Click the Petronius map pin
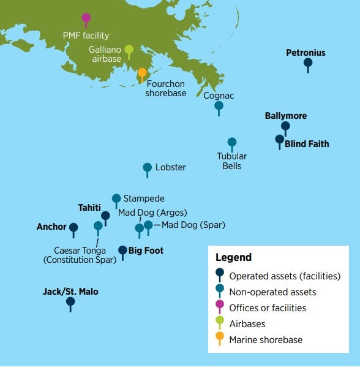pos(308,62)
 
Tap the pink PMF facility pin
pos(86,18)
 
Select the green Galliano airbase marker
pos(129,50)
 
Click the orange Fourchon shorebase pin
pos(142,73)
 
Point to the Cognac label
pos(219,96)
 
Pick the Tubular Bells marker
pos(231,143)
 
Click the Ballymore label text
pos(286,116)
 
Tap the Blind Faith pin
pos(280,140)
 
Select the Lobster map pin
pos(147,167)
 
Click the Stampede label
pos(144,199)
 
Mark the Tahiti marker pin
pos(105,216)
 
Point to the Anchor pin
pos(73,228)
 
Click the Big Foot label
pos(146,251)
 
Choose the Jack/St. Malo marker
pos(70,301)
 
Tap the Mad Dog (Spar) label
pos(193,225)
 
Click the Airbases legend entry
pos(247,323)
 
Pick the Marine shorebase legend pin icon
pos(220,337)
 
